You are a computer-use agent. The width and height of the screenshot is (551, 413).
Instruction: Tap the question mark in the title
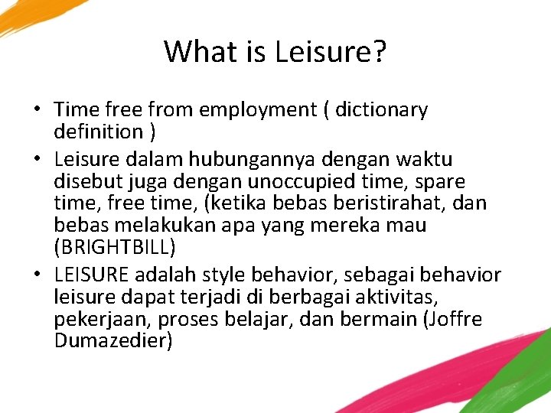click(379, 52)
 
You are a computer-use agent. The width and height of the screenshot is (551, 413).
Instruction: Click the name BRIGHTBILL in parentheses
click(116, 248)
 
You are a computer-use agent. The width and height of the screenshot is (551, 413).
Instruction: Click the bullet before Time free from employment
click(37, 110)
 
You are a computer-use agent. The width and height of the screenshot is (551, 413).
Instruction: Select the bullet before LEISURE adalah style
click(37, 275)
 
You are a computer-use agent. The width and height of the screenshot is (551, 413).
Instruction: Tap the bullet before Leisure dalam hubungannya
click(37, 160)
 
